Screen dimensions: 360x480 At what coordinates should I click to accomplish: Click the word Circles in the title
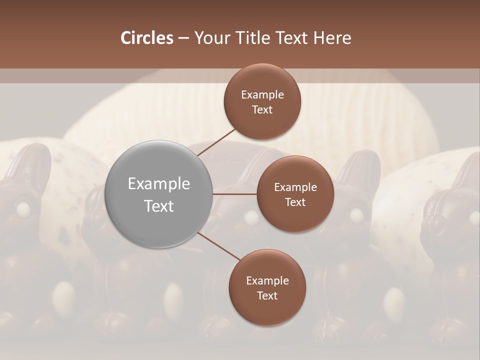[x=146, y=38]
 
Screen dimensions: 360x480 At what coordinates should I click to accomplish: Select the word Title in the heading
[x=260, y=38]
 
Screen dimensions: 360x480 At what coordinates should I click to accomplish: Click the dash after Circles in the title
[x=183, y=38]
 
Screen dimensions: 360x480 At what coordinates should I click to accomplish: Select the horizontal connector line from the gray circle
[x=235, y=194]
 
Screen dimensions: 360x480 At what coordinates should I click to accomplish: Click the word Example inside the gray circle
[x=159, y=184]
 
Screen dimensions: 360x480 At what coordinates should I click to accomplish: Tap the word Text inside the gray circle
[x=159, y=206]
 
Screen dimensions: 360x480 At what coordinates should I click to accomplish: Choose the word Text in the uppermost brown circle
[x=262, y=109]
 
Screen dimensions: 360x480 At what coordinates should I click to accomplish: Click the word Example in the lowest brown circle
[x=267, y=280]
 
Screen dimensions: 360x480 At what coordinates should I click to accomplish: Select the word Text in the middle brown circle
[x=295, y=202]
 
